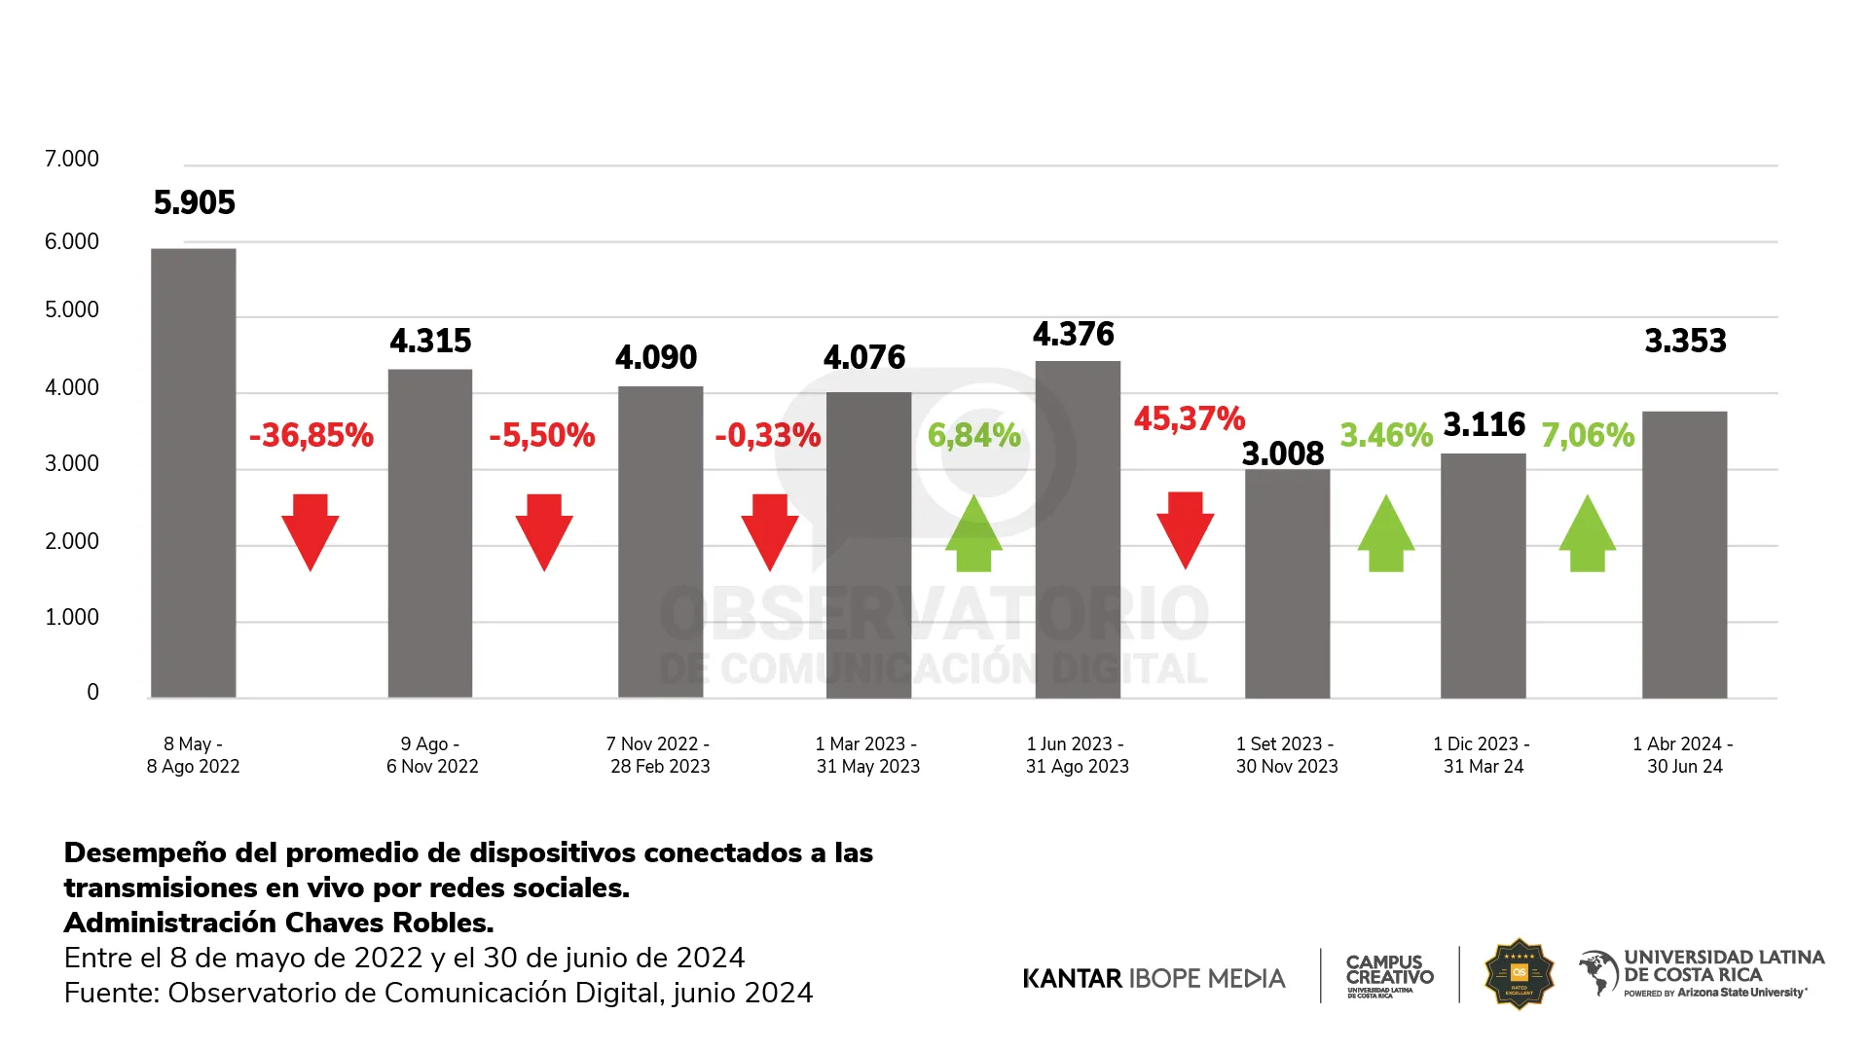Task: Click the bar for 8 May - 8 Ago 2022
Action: tap(193, 473)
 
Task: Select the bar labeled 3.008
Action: tap(1287, 584)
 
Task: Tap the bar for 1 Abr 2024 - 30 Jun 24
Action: tap(1684, 555)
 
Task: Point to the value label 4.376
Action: tap(1073, 335)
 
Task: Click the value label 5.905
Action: tap(195, 202)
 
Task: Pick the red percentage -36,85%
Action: tap(311, 435)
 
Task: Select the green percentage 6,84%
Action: tap(973, 435)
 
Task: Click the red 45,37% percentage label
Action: tap(1189, 418)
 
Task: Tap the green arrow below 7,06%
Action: tap(1587, 533)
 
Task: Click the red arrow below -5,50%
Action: tap(543, 531)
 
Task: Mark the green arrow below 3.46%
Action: tap(1385, 533)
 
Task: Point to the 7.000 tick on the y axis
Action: tap(72, 159)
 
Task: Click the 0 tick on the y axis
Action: tap(92, 692)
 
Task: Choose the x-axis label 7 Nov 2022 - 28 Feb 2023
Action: tap(659, 755)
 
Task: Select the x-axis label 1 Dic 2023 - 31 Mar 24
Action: tap(1482, 755)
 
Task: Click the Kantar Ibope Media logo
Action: tap(1154, 978)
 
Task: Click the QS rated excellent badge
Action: tap(1519, 974)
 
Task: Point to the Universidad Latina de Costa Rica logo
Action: tap(1702, 973)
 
